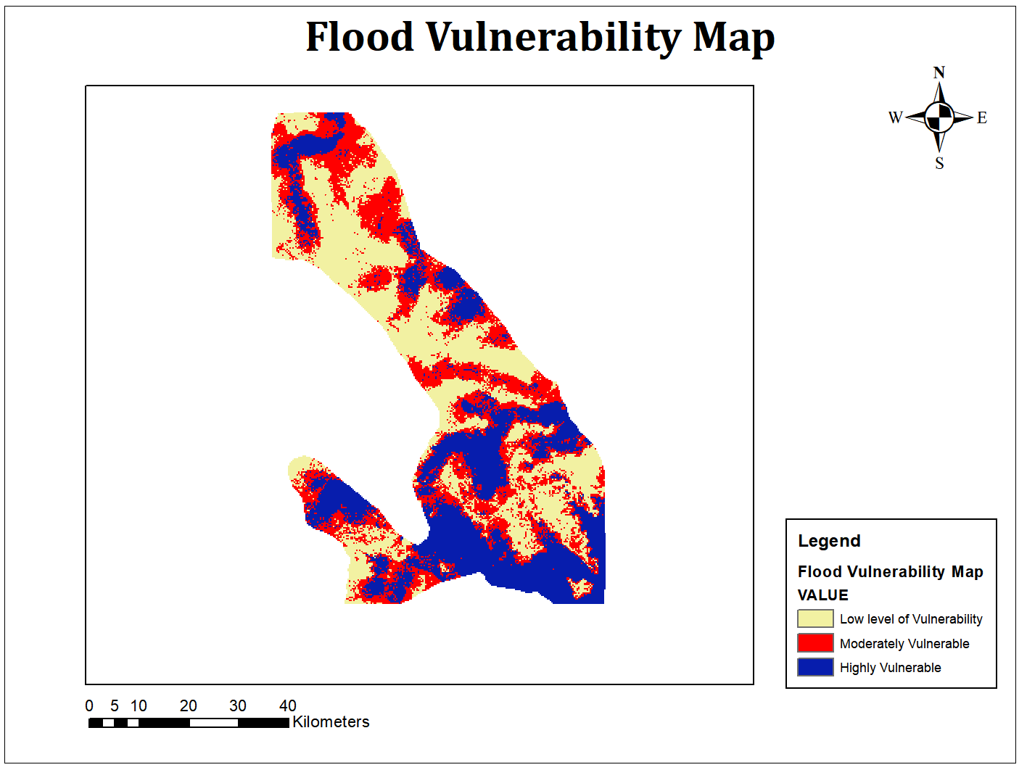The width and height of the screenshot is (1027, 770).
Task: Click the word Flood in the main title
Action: coord(360,37)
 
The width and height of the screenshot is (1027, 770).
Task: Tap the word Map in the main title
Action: coord(734,38)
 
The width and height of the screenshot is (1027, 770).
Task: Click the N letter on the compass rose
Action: coord(939,73)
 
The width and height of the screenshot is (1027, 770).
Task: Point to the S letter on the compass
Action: coord(939,163)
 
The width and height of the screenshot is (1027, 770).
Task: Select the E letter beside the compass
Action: coord(982,117)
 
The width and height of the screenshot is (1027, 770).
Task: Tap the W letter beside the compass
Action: coord(896,117)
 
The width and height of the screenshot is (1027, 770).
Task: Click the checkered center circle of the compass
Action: coord(939,116)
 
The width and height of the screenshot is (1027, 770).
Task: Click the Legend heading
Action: coord(829,541)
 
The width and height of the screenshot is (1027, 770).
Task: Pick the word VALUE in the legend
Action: coord(822,595)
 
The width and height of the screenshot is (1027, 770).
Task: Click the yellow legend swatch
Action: coord(815,618)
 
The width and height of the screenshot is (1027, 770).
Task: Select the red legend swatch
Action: coord(815,643)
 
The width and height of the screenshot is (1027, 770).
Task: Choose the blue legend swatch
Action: coord(815,667)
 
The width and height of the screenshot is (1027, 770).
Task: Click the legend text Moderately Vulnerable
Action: coord(904,644)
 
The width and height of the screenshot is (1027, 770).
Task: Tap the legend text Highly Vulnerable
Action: coord(890,668)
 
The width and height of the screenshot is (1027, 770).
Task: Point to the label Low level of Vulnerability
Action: coord(911,619)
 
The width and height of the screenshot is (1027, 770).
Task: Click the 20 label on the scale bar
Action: coord(189,705)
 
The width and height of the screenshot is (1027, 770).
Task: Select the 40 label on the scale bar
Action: coord(288,705)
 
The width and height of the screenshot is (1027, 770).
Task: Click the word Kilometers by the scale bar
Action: coord(331,722)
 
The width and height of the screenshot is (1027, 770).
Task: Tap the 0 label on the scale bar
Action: coord(89,705)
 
